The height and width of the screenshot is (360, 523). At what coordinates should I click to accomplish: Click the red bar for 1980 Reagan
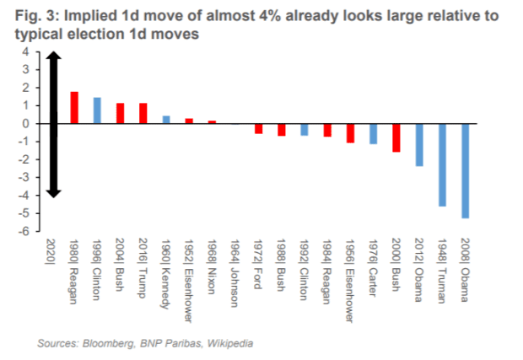pos(74,108)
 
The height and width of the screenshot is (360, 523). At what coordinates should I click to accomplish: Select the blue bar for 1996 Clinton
pos(97,110)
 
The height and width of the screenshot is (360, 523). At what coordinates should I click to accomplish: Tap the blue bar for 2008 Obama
pos(466,171)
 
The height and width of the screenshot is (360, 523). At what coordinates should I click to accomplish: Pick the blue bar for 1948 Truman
pos(442,165)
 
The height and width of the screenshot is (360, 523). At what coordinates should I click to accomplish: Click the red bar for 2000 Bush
pos(396,138)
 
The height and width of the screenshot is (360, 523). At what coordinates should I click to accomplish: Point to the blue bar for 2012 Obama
pos(419,145)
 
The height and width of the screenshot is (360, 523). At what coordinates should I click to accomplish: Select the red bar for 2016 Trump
pos(143,113)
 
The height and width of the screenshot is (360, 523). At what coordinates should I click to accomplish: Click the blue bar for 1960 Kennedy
pos(166,120)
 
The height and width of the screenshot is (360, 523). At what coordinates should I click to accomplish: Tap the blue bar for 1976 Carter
pos(373,134)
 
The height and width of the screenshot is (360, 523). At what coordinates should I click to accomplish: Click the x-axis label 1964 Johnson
pos(235,272)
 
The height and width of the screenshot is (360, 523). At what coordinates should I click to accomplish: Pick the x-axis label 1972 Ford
pos(258,263)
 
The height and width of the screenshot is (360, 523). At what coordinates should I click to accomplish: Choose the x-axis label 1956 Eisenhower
pos(350,281)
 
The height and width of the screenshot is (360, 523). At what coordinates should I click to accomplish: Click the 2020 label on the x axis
pos(51,252)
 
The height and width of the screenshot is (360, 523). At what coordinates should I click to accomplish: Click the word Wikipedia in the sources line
pos(230,343)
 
